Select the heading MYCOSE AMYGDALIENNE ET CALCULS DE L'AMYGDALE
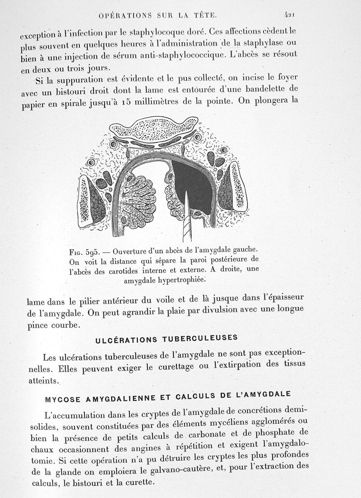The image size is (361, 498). [167, 397]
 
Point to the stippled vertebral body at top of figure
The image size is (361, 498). [157, 128]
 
